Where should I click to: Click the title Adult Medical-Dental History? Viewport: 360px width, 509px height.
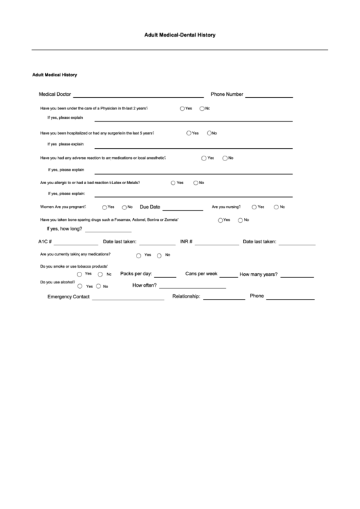tap(180, 34)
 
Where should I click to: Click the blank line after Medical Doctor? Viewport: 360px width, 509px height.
tap(138, 96)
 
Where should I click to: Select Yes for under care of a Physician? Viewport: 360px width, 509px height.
tap(182, 109)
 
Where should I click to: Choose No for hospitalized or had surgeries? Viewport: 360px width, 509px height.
tap(211, 133)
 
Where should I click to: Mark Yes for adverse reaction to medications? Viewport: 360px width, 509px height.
tap(204, 158)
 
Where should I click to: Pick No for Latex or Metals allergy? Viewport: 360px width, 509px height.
tap(196, 183)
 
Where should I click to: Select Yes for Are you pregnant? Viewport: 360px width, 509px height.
tap(105, 207)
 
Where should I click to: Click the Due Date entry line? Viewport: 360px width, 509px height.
tap(183, 209)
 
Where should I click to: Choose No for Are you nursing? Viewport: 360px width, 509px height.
tap(276, 207)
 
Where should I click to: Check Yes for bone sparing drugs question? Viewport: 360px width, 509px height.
tap(221, 220)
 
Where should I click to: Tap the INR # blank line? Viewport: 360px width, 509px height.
tap(217, 243)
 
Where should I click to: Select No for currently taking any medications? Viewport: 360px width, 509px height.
tap(159, 256)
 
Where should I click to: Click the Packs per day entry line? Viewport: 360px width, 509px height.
tap(165, 275)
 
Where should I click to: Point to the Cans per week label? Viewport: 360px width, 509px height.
tap(201, 273)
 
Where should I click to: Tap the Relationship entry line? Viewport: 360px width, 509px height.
tap(224, 298)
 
